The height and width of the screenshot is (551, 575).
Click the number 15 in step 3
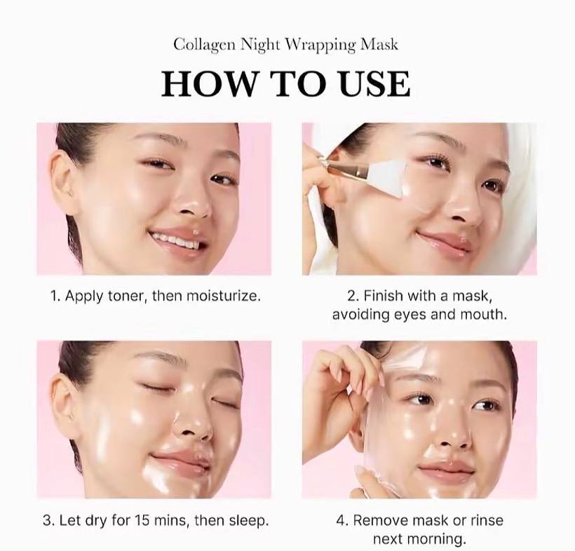143,520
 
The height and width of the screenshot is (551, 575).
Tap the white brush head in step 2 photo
387,175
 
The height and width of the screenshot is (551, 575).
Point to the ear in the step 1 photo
62,180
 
